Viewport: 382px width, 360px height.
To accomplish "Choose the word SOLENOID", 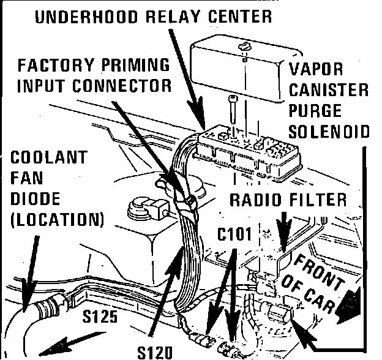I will coord(329,132).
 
